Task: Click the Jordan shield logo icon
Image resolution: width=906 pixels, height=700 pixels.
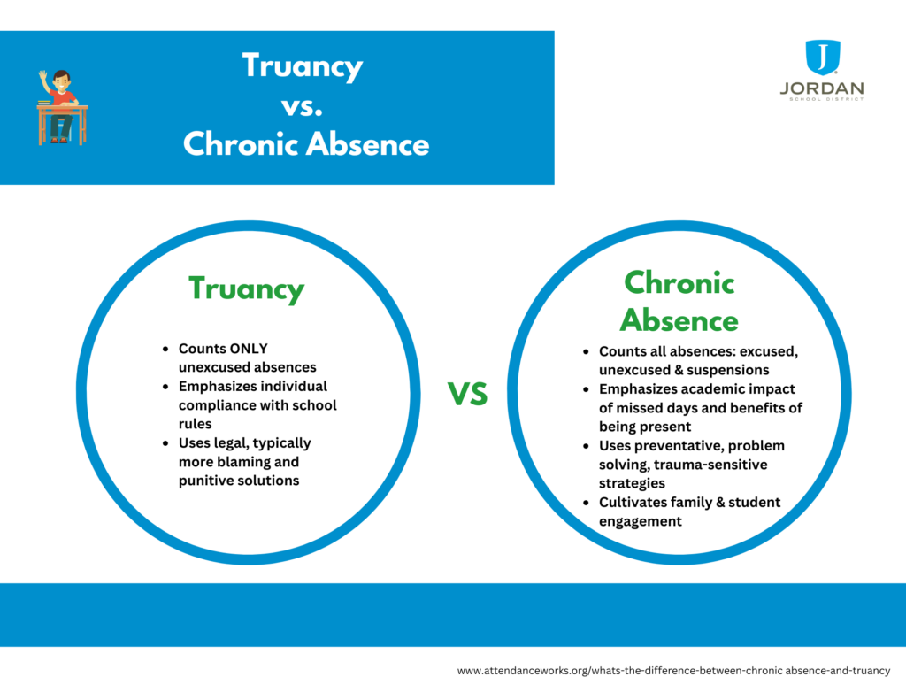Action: [822, 58]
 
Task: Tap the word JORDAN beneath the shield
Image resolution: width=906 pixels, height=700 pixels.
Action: [822, 88]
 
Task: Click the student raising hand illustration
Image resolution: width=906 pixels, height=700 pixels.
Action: [61, 107]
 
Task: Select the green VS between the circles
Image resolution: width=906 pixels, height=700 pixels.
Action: [467, 394]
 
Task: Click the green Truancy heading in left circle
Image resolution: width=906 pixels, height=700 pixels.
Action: [246, 288]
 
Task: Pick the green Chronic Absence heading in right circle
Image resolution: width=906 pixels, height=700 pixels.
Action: [679, 301]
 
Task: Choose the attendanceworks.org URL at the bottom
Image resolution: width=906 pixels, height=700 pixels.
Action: [673, 671]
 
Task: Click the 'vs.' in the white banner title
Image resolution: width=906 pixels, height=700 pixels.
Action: [303, 105]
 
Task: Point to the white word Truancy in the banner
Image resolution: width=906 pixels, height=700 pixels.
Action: [303, 66]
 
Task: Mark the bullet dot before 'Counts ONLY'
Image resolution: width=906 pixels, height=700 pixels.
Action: [165, 350]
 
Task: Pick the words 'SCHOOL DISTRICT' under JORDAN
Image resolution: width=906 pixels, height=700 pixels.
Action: [822, 99]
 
